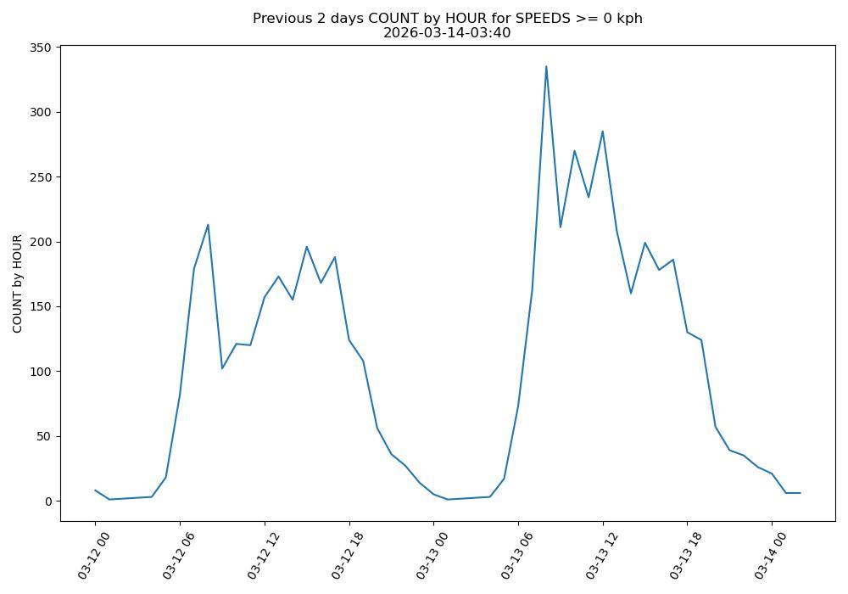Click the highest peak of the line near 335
546,66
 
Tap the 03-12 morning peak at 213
208,225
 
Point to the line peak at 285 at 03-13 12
603,132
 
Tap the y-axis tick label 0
49,502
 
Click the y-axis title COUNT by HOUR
18,283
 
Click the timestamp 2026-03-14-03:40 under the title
447,33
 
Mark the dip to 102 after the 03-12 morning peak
222,368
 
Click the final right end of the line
800,493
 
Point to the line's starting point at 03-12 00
95,490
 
